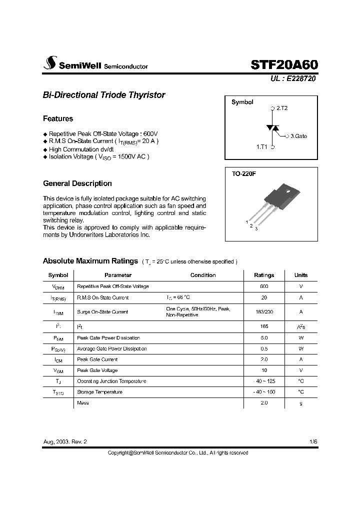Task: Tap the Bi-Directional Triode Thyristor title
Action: point(104,95)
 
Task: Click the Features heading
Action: point(58,119)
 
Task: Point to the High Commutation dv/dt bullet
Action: point(81,149)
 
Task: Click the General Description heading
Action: point(77,183)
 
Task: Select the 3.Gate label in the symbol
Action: point(298,136)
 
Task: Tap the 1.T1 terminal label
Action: point(262,147)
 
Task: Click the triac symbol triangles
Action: point(273,128)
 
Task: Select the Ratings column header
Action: point(264,275)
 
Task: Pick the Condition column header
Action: point(203,275)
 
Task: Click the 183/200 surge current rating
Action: point(264,311)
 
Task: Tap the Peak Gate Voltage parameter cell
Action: point(97,370)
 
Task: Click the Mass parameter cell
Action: point(83,403)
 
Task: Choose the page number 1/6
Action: point(313,442)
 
